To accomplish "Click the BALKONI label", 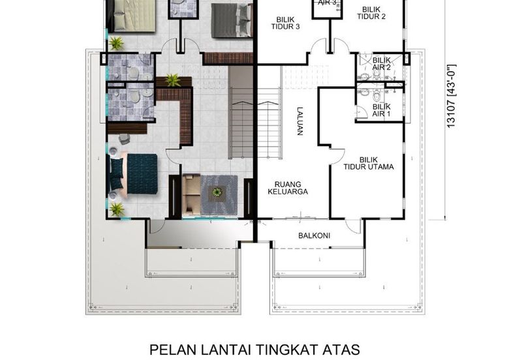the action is pyautogui.click(x=314, y=235).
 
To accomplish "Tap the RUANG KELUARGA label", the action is pyautogui.click(x=288, y=188).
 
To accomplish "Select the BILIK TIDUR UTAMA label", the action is pyautogui.click(x=369, y=163).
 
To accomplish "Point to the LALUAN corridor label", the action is pyautogui.click(x=299, y=121).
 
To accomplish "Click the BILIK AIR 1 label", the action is pyautogui.click(x=381, y=110).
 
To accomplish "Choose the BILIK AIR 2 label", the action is pyautogui.click(x=381, y=64).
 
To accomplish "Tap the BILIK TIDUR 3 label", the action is pyautogui.click(x=285, y=23).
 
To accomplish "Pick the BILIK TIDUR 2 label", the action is pyautogui.click(x=371, y=13).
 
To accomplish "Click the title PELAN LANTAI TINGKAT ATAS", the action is pyautogui.click(x=254, y=350).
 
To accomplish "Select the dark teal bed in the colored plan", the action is pyautogui.click(x=133, y=173).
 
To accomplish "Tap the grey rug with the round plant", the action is pyautogui.click(x=219, y=194).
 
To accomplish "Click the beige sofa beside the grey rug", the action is pyautogui.click(x=191, y=194).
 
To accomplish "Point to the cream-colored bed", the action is pyautogui.click(x=131, y=16).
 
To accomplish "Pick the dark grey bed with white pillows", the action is pyautogui.click(x=232, y=20).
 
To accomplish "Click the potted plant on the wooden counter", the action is pyautogui.click(x=173, y=80).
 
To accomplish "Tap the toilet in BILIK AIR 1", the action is pyautogui.click(x=376, y=97).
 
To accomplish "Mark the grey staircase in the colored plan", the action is pyautogui.click(x=241, y=112).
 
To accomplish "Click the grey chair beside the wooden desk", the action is pyautogui.click(x=124, y=139).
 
